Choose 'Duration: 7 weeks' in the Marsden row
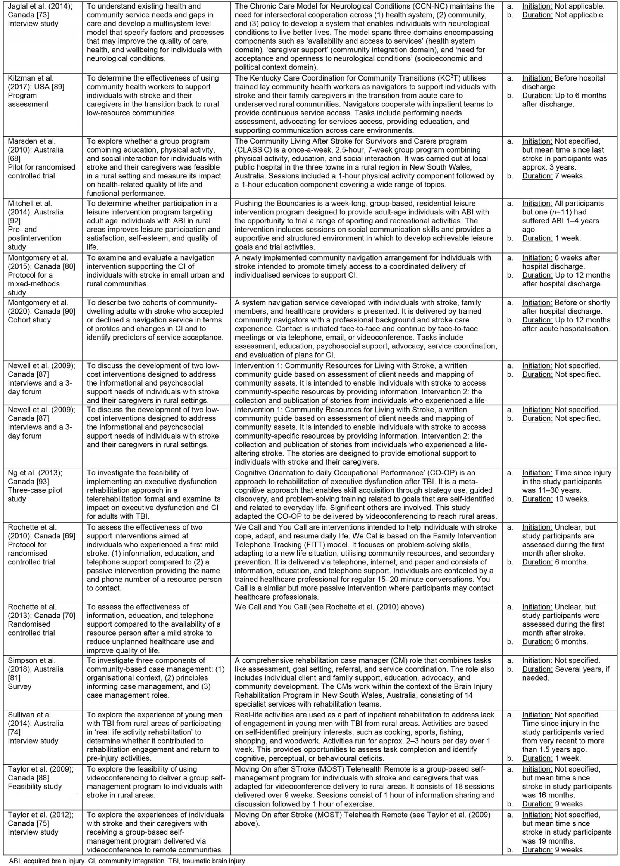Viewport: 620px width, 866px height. click(553, 176)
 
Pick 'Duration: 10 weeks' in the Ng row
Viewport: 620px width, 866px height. click(555, 499)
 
